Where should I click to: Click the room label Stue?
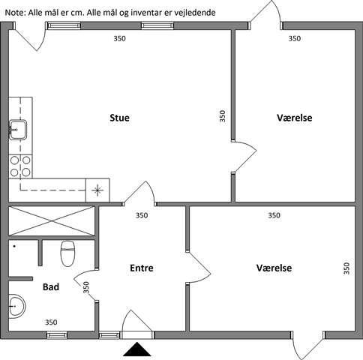click(x=119, y=118)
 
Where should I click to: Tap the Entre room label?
click(x=142, y=268)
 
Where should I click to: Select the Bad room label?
click(x=51, y=286)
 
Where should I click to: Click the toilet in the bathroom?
click(x=67, y=253)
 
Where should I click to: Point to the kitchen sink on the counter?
click(x=18, y=130)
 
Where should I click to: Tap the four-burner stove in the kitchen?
click(x=20, y=166)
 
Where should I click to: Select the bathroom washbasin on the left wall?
click(x=17, y=306)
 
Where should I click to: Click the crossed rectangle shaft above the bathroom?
click(x=52, y=221)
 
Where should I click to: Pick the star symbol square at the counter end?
click(x=97, y=190)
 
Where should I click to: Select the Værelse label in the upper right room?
click(x=295, y=118)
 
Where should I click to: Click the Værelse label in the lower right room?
click(x=274, y=268)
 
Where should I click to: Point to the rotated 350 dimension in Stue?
click(x=222, y=116)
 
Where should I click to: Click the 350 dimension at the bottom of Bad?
click(x=51, y=322)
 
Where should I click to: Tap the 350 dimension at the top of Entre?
click(x=142, y=215)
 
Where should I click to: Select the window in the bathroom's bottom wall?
click(x=57, y=335)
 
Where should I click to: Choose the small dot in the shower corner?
click(x=14, y=246)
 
